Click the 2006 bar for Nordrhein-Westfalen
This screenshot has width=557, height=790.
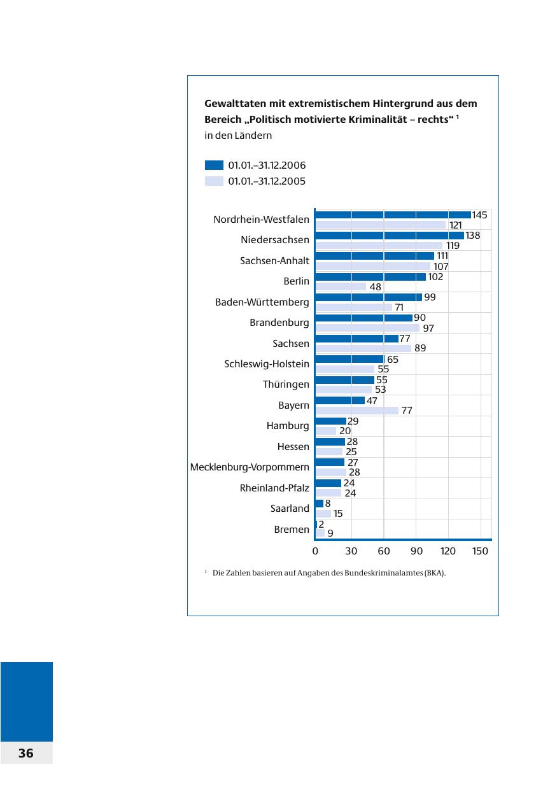point(393,215)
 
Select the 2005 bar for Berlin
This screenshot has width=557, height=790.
point(341,287)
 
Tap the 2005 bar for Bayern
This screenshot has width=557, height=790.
point(357,411)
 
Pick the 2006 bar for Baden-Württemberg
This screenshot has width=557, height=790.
point(369,297)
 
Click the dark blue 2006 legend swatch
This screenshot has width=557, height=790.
point(214,165)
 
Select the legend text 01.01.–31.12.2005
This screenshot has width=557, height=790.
point(267,181)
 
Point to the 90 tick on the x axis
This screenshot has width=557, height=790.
point(416,551)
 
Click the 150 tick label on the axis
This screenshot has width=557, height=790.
point(481,551)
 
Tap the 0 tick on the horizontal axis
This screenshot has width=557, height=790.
point(316,551)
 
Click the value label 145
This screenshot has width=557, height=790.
point(479,215)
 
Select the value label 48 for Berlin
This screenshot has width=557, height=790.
point(376,287)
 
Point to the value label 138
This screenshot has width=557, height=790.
point(472,236)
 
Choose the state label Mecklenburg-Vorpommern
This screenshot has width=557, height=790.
point(250,467)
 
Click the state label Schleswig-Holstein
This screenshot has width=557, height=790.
point(267,364)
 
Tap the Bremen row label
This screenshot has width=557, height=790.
point(292,529)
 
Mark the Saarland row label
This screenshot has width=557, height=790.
point(290,509)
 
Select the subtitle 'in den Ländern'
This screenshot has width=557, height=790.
point(238,136)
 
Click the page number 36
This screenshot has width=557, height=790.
point(25,753)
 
